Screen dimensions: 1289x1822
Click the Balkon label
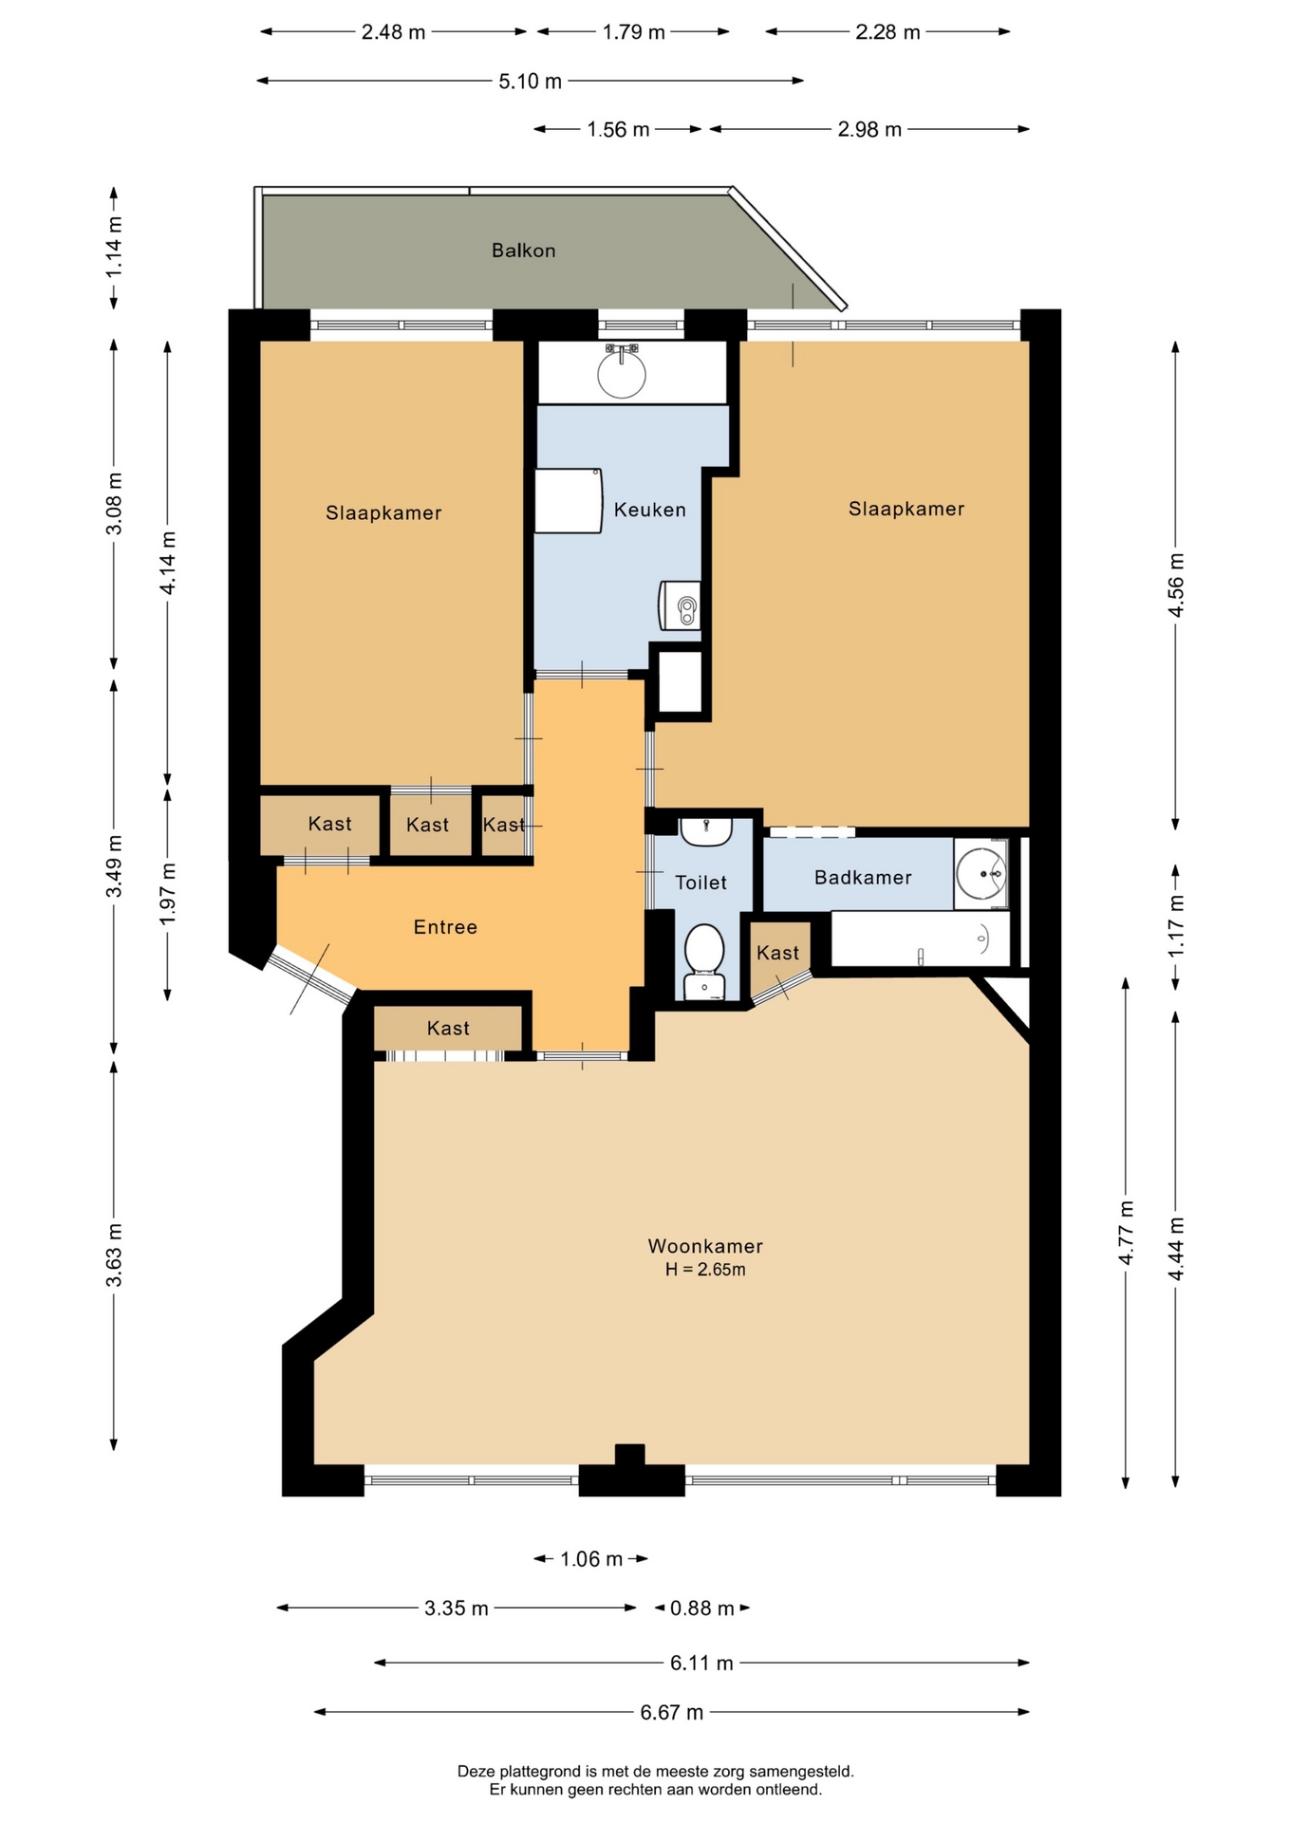(x=523, y=251)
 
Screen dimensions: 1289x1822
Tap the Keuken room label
(x=649, y=510)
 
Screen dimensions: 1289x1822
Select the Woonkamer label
(x=705, y=1246)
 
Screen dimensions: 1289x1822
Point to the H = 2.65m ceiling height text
(x=705, y=1270)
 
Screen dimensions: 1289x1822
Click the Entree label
(x=445, y=927)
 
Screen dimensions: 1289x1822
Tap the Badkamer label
(x=863, y=878)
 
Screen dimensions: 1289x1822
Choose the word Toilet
(x=701, y=883)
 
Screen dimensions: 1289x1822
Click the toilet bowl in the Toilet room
(x=704, y=961)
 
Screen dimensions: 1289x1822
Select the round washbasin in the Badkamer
(x=981, y=873)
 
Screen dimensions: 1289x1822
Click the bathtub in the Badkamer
(x=920, y=939)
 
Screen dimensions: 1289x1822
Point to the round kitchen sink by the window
(x=622, y=373)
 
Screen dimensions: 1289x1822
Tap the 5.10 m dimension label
(x=531, y=82)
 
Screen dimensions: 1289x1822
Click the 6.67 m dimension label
(x=672, y=1712)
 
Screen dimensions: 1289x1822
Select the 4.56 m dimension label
(x=1176, y=585)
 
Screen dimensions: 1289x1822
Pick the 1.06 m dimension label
(x=591, y=1559)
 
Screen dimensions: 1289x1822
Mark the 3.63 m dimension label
(x=114, y=1255)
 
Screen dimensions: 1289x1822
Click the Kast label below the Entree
(x=448, y=1028)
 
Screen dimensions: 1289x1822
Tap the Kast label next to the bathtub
(x=777, y=953)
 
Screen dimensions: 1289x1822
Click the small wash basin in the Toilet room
(x=706, y=831)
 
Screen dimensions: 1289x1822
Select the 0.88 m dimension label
(x=702, y=1608)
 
